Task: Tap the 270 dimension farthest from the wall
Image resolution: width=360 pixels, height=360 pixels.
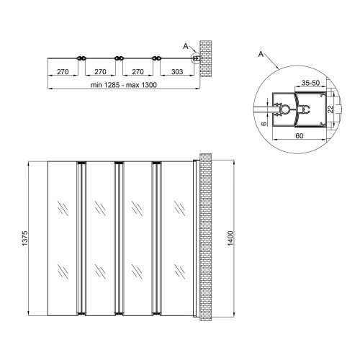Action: coord(63,72)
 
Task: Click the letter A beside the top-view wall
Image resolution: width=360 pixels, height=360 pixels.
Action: coord(186,46)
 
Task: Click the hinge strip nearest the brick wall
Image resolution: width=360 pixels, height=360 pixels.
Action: coord(156,238)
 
